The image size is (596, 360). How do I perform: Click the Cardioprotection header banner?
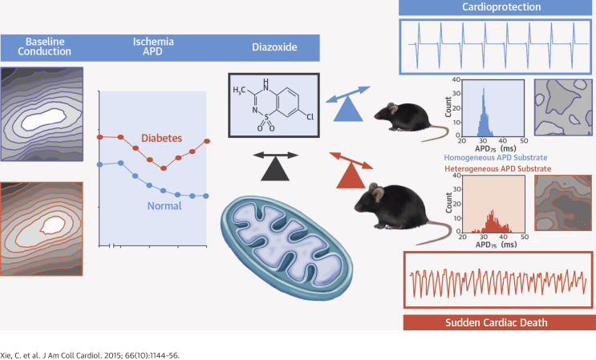(x=496, y=7)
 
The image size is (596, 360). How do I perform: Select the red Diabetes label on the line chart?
(x=161, y=138)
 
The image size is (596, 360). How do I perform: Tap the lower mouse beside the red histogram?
(x=394, y=211)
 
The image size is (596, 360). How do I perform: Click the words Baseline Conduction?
(x=37, y=46)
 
